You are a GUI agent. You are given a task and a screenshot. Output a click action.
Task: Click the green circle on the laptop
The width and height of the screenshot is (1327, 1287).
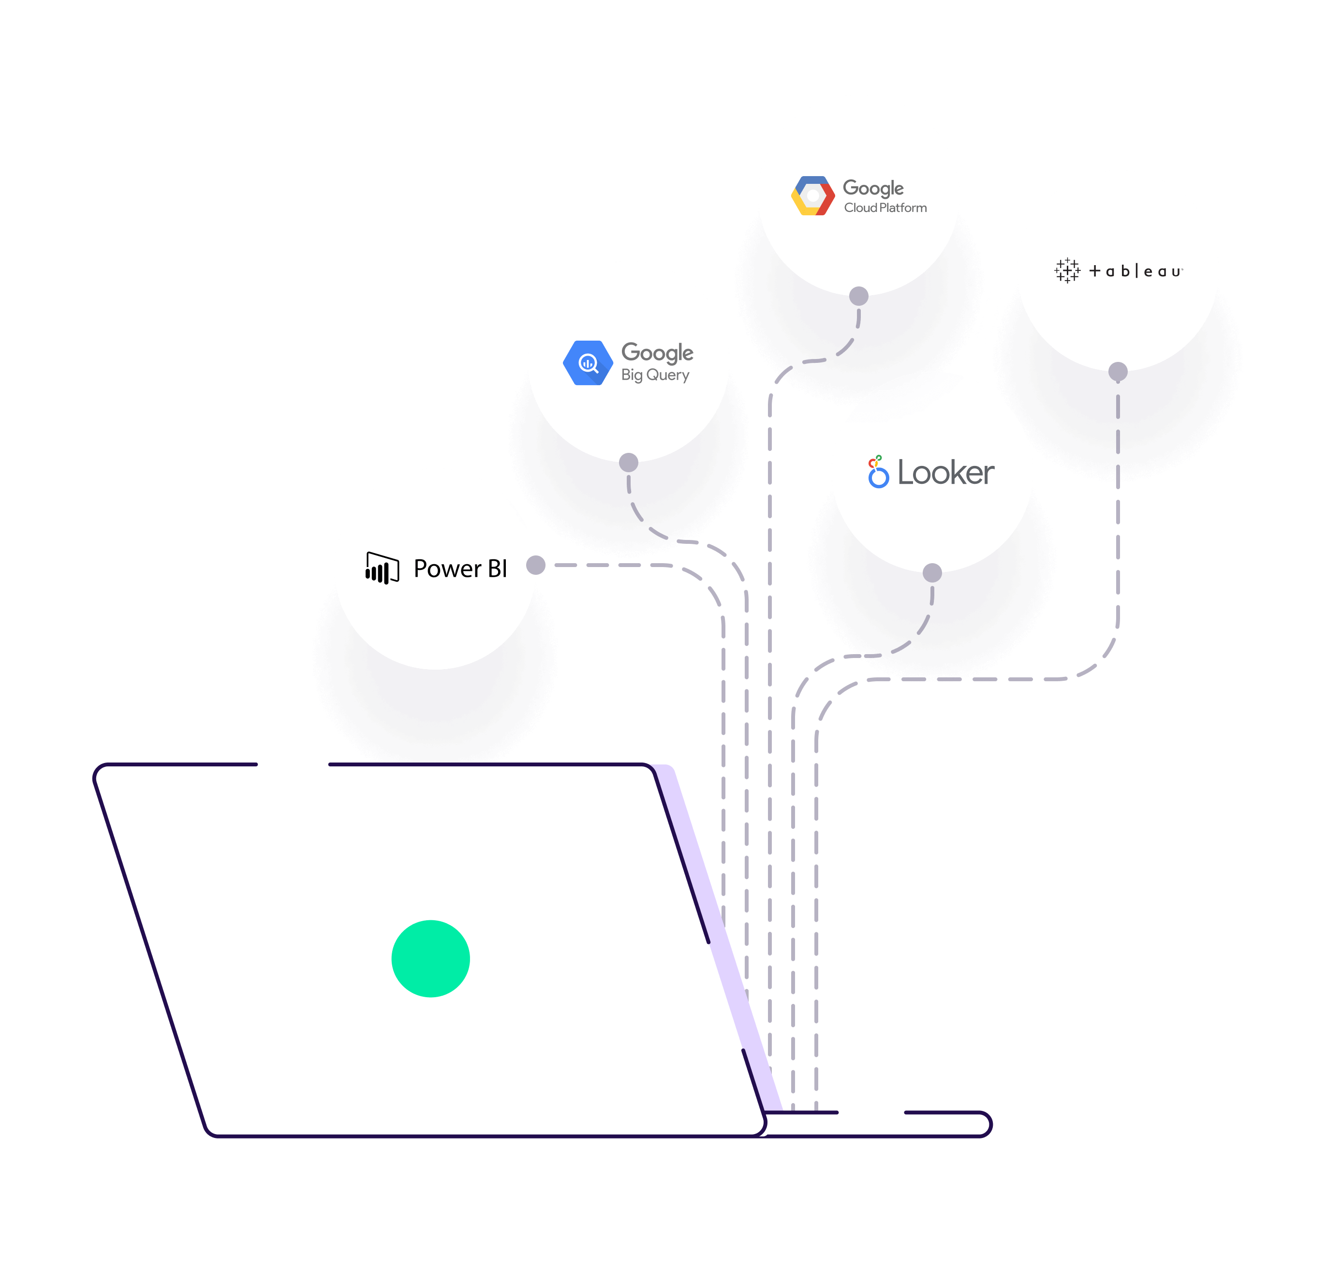pyautogui.click(x=430, y=958)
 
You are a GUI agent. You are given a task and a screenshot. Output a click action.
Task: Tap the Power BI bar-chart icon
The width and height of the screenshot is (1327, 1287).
pyautogui.click(x=382, y=568)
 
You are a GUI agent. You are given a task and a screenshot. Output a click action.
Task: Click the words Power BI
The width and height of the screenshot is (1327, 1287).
pyautogui.click(x=460, y=569)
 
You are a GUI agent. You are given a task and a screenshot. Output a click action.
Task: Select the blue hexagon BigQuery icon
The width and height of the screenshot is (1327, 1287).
pyautogui.click(x=587, y=363)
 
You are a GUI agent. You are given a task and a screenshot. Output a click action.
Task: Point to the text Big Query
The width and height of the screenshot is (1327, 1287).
pyautogui.click(x=655, y=375)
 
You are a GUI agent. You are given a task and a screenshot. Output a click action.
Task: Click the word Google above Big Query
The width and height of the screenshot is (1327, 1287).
pyautogui.click(x=657, y=352)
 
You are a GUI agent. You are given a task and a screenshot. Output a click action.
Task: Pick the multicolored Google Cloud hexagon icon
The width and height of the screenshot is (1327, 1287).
pyautogui.click(x=812, y=196)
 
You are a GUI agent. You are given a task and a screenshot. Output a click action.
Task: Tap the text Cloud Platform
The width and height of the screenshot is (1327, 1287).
pyautogui.click(x=885, y=208)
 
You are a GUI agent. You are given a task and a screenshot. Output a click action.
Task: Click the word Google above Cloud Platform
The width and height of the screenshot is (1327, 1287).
pyautogui.click(x=873, y=188)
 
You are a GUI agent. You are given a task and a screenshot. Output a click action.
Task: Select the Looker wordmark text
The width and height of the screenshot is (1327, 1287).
pyautogui.click(x=946, y=473)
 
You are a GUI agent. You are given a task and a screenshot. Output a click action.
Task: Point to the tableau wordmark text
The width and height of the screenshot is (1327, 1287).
pyautogui.click(x=1135, y=271)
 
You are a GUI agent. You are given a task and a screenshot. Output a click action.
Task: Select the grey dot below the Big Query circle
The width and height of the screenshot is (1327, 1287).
pyautogui.click(x=629, y=463)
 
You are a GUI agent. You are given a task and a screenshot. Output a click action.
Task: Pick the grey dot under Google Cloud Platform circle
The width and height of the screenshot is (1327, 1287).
pyautogui.click(x=858, y=296)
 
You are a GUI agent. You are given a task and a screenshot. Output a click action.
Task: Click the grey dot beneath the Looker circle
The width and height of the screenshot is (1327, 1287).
pyautogui.click(x=932, y=573)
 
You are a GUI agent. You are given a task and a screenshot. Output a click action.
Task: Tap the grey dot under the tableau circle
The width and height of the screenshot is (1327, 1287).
pyautogui.click(x=1118, y=371)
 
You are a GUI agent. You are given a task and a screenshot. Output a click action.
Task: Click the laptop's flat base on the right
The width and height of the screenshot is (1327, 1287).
pyautogui.click(x=880, y=1124)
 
